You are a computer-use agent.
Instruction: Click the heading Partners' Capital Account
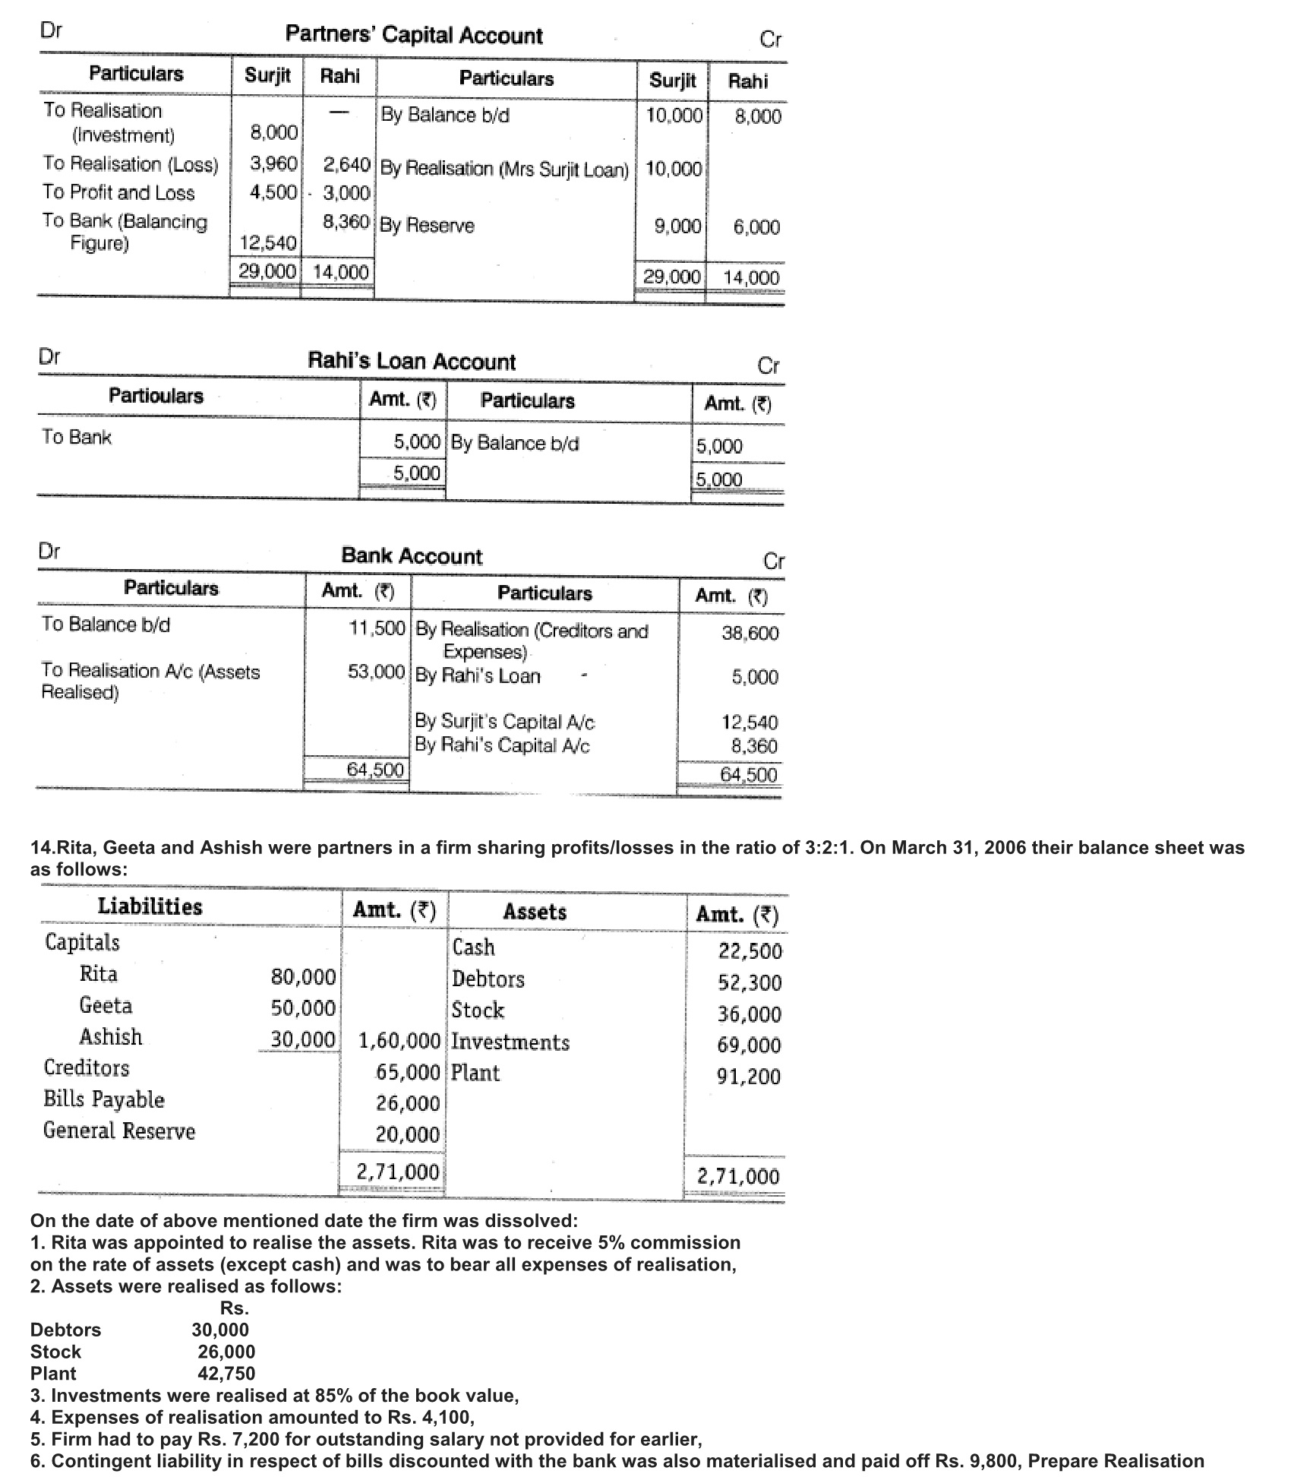pos(414,36)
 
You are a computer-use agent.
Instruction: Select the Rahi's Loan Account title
pos(411,361)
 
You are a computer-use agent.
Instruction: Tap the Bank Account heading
pos(412,556)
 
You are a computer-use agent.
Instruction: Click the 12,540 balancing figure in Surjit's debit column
pos(268,243)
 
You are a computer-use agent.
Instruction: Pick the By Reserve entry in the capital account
pos(428,226)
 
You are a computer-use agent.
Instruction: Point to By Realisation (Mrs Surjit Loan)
pos(504,169)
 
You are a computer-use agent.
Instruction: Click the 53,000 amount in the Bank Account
pos(376,672)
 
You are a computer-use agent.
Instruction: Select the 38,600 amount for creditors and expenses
pos(750,633)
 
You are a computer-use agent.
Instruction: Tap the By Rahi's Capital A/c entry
pos(502,745)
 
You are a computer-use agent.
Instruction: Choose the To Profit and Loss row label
pos(119,193)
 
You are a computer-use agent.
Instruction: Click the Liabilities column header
pos(150,906)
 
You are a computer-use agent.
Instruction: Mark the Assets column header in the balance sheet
pos(535,912)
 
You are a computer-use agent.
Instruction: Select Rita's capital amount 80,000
pos(303,976)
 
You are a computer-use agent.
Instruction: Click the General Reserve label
pos(119,1131)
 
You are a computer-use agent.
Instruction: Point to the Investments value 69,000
pos(749,1045)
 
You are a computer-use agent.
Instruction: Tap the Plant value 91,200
pos(749,1077)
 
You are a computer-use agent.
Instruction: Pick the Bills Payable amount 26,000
pos(408,1103)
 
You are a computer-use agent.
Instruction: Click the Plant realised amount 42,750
pos(226,1374)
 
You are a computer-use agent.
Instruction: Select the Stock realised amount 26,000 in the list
pos(226,1352)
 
